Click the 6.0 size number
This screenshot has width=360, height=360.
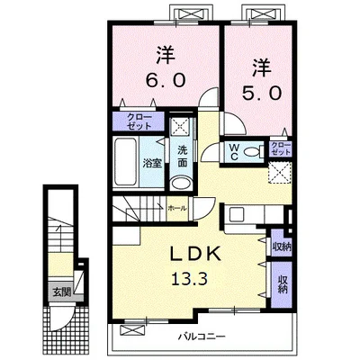[x=165, y=80]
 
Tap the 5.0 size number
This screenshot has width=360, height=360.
[x=262, y=93]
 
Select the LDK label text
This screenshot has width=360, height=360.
[x=196, y=255]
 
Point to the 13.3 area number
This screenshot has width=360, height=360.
[x=189, y=280]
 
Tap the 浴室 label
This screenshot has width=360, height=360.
[x=152, y=163]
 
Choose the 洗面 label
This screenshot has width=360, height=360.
[x=182, y=156]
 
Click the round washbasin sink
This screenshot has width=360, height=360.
[x=181, y=183]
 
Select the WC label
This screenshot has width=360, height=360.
[x=234, y=151]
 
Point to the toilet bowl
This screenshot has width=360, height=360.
[x=253, y=152]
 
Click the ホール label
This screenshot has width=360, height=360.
[x=177, y=208]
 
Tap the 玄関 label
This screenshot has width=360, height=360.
[x=62, y=292]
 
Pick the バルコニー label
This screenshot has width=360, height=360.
[x=202, y=337]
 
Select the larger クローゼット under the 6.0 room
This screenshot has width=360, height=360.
[x=139, y=121]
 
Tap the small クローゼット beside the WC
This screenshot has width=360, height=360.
[x=281, y=148]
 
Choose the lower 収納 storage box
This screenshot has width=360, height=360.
[x=282, y=284]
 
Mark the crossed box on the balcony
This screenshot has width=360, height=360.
[x=132, y=330]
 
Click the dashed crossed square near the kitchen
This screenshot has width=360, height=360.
[x=280, y=172]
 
